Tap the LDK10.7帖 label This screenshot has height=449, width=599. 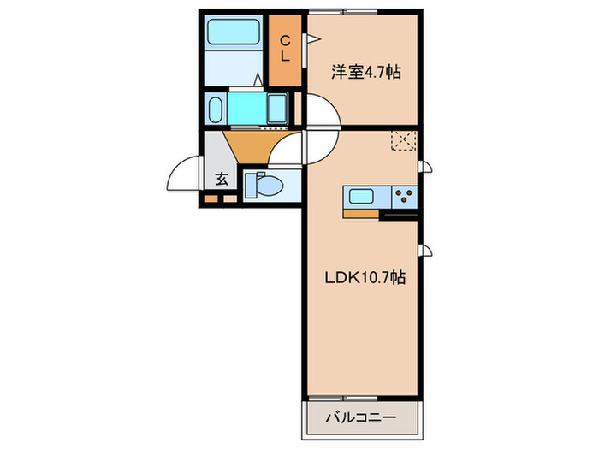(x=364, y=278)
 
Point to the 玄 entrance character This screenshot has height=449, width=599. (x=221, y=180)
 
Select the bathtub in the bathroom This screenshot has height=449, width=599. (x=235, y=34)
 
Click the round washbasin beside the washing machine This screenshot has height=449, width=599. (x=215, y=109)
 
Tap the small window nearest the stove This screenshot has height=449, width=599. (x=423, y=167)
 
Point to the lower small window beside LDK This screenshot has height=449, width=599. (x=423, y=250)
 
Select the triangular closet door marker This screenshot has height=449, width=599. (x=314, y=38)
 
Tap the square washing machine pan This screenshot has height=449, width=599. (x=276, y=109)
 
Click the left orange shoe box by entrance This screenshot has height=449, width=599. (x=208, y=200)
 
